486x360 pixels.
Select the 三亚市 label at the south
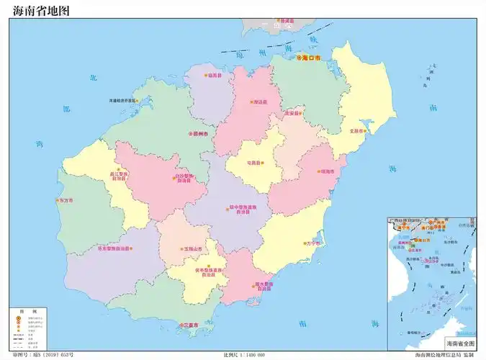[x=192, y=325]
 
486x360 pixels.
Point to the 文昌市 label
[x=358, y=131]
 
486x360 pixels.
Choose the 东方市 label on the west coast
[x=66, y=200]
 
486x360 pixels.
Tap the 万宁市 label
[x=313, y=243]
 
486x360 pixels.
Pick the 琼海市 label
[x=328, y=171]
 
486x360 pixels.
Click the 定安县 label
[x=291, y=113]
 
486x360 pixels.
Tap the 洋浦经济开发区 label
[x=123, y=100]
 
